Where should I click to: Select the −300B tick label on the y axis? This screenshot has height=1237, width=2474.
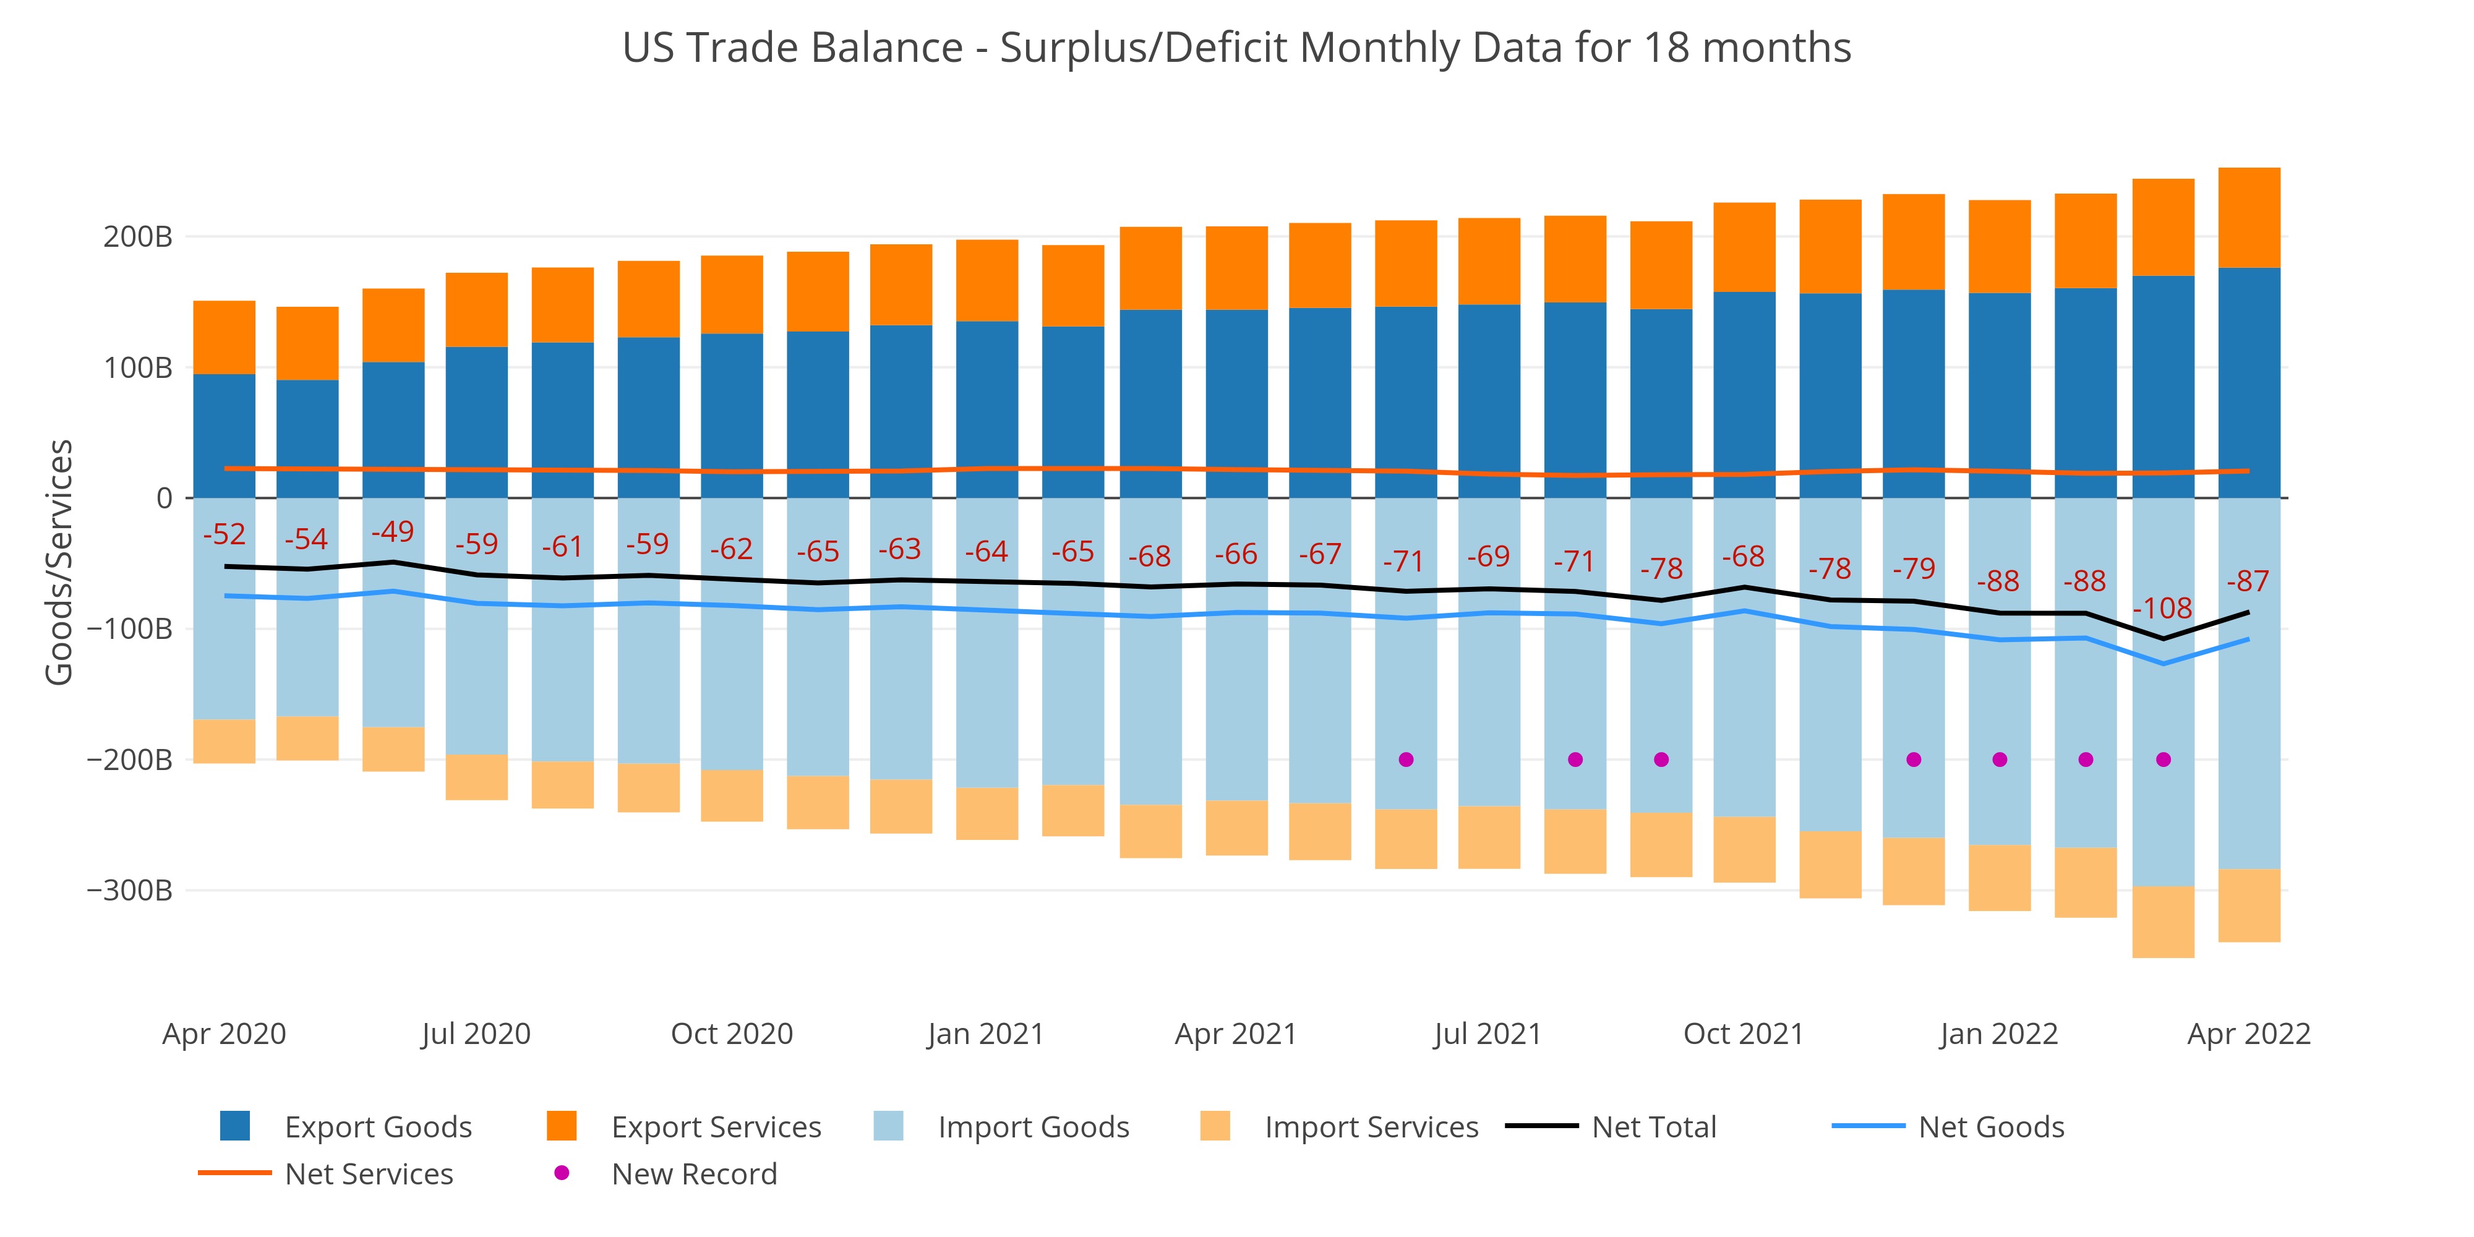pyautogui.click(x=130, y=890)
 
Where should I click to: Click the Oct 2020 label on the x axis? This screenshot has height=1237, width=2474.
pyautogui.click(x=732, y=1034)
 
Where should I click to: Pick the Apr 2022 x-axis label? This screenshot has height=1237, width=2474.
pyautogui.click(x=2248, y=1034)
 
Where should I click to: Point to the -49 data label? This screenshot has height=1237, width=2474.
pyautogui.click(x=392, y=532)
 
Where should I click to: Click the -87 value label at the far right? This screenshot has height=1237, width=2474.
pyautogui.click(x=2248, y=581)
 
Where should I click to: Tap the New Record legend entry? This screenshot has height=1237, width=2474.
pyautogui.click(x=693, y=1174)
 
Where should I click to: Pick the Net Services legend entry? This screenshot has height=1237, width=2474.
pyautogui.click(x=369, y=1174)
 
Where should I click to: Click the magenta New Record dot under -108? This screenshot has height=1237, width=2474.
pyautogui.click(x=2163, y=760)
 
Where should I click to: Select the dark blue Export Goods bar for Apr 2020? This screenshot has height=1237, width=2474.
pyautogui.click(x=224, y=436)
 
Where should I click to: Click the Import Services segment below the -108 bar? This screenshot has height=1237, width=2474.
pyautogui.click(x=2163, y=922)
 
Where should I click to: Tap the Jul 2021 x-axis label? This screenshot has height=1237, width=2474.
pyautogui.click(x=1487, y=1034)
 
